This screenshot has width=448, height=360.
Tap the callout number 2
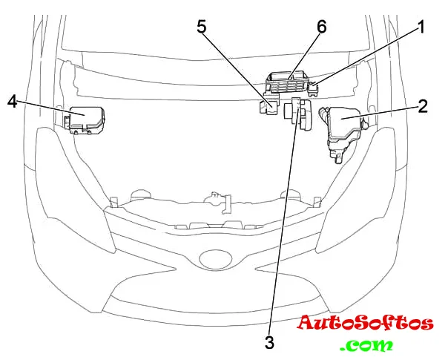tap(422, 105)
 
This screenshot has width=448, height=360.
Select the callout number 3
tap(269, 342)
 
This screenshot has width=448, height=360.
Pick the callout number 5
tap(202, 27)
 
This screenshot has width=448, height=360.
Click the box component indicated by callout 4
tap(88, 120)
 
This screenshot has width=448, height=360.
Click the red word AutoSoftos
tap(366, 324)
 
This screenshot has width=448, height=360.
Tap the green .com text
tap(366, 345)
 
